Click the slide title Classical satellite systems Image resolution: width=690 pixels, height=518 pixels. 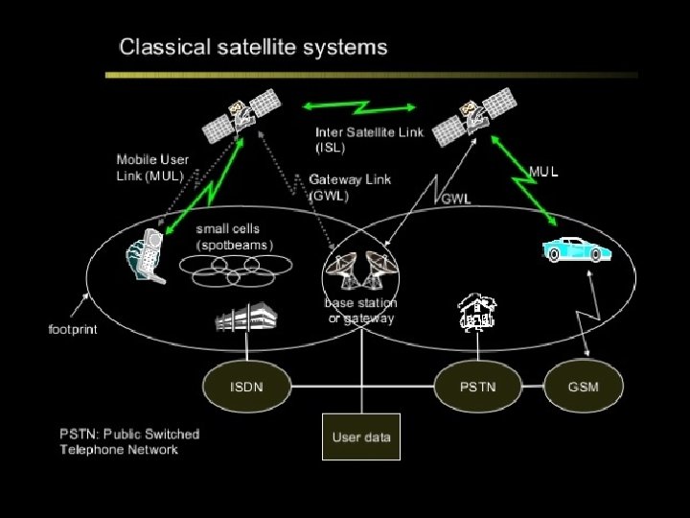tap(252, 46)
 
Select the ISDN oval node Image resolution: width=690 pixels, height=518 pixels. tap(245, 387)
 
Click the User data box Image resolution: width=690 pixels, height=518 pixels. tap(361, 437)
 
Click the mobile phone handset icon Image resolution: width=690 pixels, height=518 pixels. tap(145, 255)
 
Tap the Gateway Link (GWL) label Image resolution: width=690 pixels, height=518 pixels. tap(350, 187)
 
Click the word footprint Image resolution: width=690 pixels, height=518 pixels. tap(73, 329)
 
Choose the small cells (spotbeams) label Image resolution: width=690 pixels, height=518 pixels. tap(235, 237)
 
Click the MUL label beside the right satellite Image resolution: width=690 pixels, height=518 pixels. tap(543, 172)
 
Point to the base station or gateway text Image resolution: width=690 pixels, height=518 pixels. tap(360, 310)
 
